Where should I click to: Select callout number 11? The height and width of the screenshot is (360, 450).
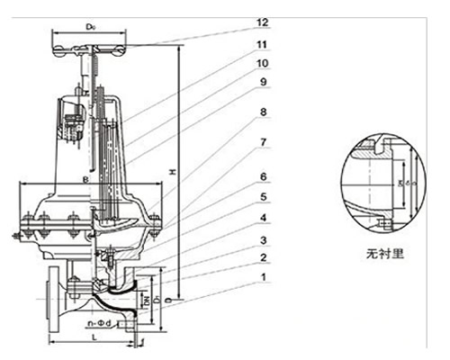click(x=263, y=43)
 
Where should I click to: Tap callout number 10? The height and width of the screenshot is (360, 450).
click(x=263, y=65)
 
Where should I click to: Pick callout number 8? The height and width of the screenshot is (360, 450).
click(x=263, y=112)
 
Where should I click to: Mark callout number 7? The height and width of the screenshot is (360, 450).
click(x=263, y=143)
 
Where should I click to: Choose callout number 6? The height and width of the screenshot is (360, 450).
click(x=263, y=176)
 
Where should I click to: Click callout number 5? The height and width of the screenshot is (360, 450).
click(x=263, y=197)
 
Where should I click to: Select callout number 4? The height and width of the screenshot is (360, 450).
click(x=263, y=219)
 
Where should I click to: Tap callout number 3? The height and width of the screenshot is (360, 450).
click(x=263, y=240)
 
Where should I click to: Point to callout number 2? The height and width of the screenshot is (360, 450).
click(x=263, y=258)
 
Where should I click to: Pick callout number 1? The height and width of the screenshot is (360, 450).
click(x=263, y=279)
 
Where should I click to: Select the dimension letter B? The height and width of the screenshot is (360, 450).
click(x=85, y=180)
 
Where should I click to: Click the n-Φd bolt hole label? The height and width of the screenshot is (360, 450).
click(x=98, y=321)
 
